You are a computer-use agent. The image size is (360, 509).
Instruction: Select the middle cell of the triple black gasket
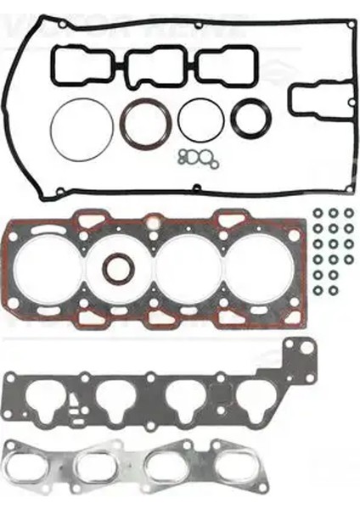[x=151, y=65]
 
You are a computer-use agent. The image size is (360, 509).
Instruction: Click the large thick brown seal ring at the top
[x=142, y=124]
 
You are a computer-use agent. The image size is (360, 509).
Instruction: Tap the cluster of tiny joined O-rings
[x=198, y=157]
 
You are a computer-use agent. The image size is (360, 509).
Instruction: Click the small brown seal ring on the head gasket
[x=118, y=269]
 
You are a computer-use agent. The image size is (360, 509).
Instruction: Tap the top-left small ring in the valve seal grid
[x=318, y=213]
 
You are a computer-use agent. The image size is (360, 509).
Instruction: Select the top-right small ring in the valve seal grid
[x=348, y=213]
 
